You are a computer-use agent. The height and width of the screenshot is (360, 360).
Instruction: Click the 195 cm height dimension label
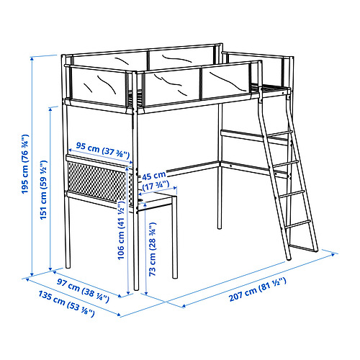(25, 164)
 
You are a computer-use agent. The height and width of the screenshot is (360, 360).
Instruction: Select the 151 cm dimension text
(43, 190)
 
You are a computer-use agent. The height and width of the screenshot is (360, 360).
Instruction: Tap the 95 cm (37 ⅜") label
(102, 149)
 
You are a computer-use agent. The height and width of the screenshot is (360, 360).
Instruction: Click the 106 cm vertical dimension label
(121, 230)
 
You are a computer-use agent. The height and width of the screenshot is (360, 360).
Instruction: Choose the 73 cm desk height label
(153, 249)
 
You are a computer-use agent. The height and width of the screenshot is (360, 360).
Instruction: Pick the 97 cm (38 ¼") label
(83, 290)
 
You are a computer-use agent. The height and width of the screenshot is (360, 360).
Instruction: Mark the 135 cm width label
(66, 303)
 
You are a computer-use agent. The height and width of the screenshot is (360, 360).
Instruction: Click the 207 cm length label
(258, 289)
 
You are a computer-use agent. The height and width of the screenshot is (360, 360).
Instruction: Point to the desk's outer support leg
(175, 238)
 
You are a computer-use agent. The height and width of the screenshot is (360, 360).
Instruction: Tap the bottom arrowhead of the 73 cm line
(146, 292)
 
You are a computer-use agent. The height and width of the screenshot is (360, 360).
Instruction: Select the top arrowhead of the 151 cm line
(50, 109)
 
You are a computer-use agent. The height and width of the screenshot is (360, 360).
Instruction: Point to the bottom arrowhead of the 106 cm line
(128, 292)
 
